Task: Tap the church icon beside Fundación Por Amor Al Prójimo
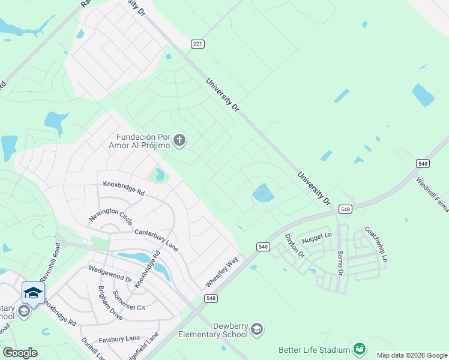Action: (179, 141)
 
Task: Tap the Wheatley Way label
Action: (221, 271)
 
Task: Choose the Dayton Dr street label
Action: (295, 247)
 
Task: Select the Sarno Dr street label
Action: (340, 262)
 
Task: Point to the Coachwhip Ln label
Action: (376, 244)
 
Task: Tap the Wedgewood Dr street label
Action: (110, 275)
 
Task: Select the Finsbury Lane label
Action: (119, 339)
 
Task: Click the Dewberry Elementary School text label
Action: (212, 330)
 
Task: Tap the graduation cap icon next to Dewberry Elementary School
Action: (257, 329)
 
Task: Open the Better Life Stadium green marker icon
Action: (360, 349)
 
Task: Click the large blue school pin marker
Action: (33, 293)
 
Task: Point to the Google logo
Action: (20, 353)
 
